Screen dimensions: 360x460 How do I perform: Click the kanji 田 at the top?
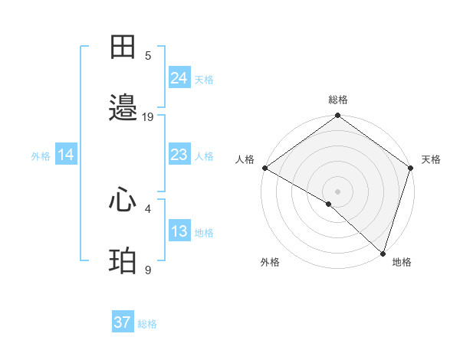[x=123, y=48]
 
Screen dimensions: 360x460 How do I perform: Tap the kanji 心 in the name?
[x=123, y=201]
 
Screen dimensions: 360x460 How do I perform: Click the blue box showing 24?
[x=179, y=77]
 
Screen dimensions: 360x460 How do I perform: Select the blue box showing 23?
[x=179, y=155]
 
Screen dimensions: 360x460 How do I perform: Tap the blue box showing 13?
[x=179, y=231]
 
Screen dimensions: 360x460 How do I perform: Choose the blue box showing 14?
[x=66, y=155]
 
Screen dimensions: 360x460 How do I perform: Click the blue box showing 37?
[x=123, y=322]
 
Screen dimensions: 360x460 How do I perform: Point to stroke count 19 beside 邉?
[x=148, y=117]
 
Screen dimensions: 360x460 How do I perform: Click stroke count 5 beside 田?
[x=148, y=56]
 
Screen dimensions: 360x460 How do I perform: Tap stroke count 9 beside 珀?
[x=148, y=270]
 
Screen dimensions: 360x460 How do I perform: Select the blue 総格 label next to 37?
[x=147, y=324]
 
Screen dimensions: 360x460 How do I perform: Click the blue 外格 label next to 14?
[x=41, y=155]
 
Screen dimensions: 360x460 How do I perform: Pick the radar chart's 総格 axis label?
[x=338, y=100]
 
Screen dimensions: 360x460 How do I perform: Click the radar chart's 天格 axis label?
[x=431, y=159]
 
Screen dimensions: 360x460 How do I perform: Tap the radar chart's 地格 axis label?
[x=402, y=262]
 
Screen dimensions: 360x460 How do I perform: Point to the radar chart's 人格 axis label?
[x=245, y=159]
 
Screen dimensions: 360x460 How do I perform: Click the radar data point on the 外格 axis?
[x=329, y=204]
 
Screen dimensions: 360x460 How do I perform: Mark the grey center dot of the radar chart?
[x=338, y=191]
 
